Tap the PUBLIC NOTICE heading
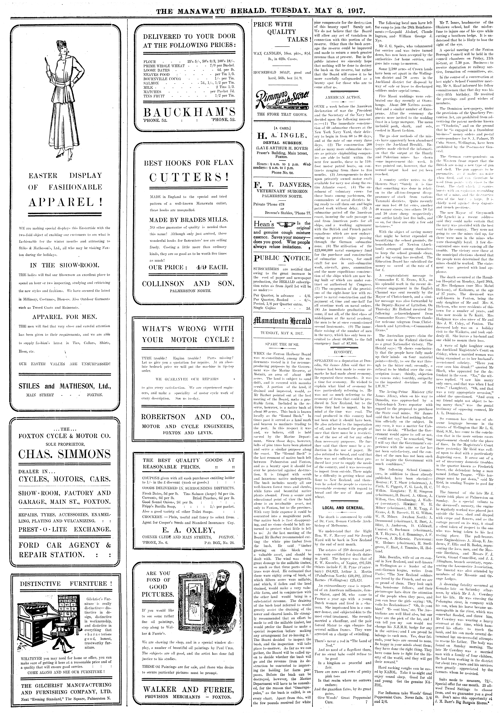pyautogui.click(x=282, y=258)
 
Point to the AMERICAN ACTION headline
pyautogui.click(x=343, y=97)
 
